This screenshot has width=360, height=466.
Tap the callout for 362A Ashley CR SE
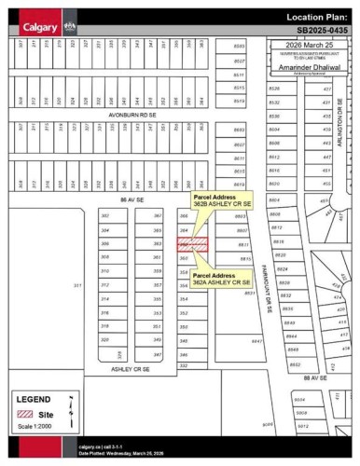[x=222, y=279]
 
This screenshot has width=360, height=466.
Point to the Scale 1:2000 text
[x=34, y=428]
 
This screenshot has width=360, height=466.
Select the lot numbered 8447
[x=256, y=342]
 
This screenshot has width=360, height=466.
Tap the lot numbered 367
[x=158, y=215]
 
